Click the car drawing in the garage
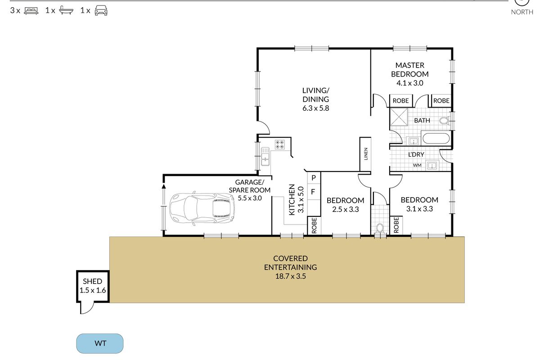pos(202,208)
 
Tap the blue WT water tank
pos(100,343)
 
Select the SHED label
pos(93,281)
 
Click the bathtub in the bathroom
pos(436,139)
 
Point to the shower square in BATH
pos(399,117)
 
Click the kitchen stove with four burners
pos(279,144)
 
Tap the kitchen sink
pos(265,156)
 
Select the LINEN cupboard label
pos(366,154)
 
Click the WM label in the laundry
pos(417,165)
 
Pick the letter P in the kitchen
pos(314,178)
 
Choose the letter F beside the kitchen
pos(313,192)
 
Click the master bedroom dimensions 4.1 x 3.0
pos(410,83)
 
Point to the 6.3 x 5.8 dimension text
pos(316,108)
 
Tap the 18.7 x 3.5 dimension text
pos(291,276)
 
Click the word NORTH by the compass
pos(522,12)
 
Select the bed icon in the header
pos(31,11)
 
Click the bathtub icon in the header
pos(66,10)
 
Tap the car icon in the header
pos(101,11)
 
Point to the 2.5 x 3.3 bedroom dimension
pos(346,209)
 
